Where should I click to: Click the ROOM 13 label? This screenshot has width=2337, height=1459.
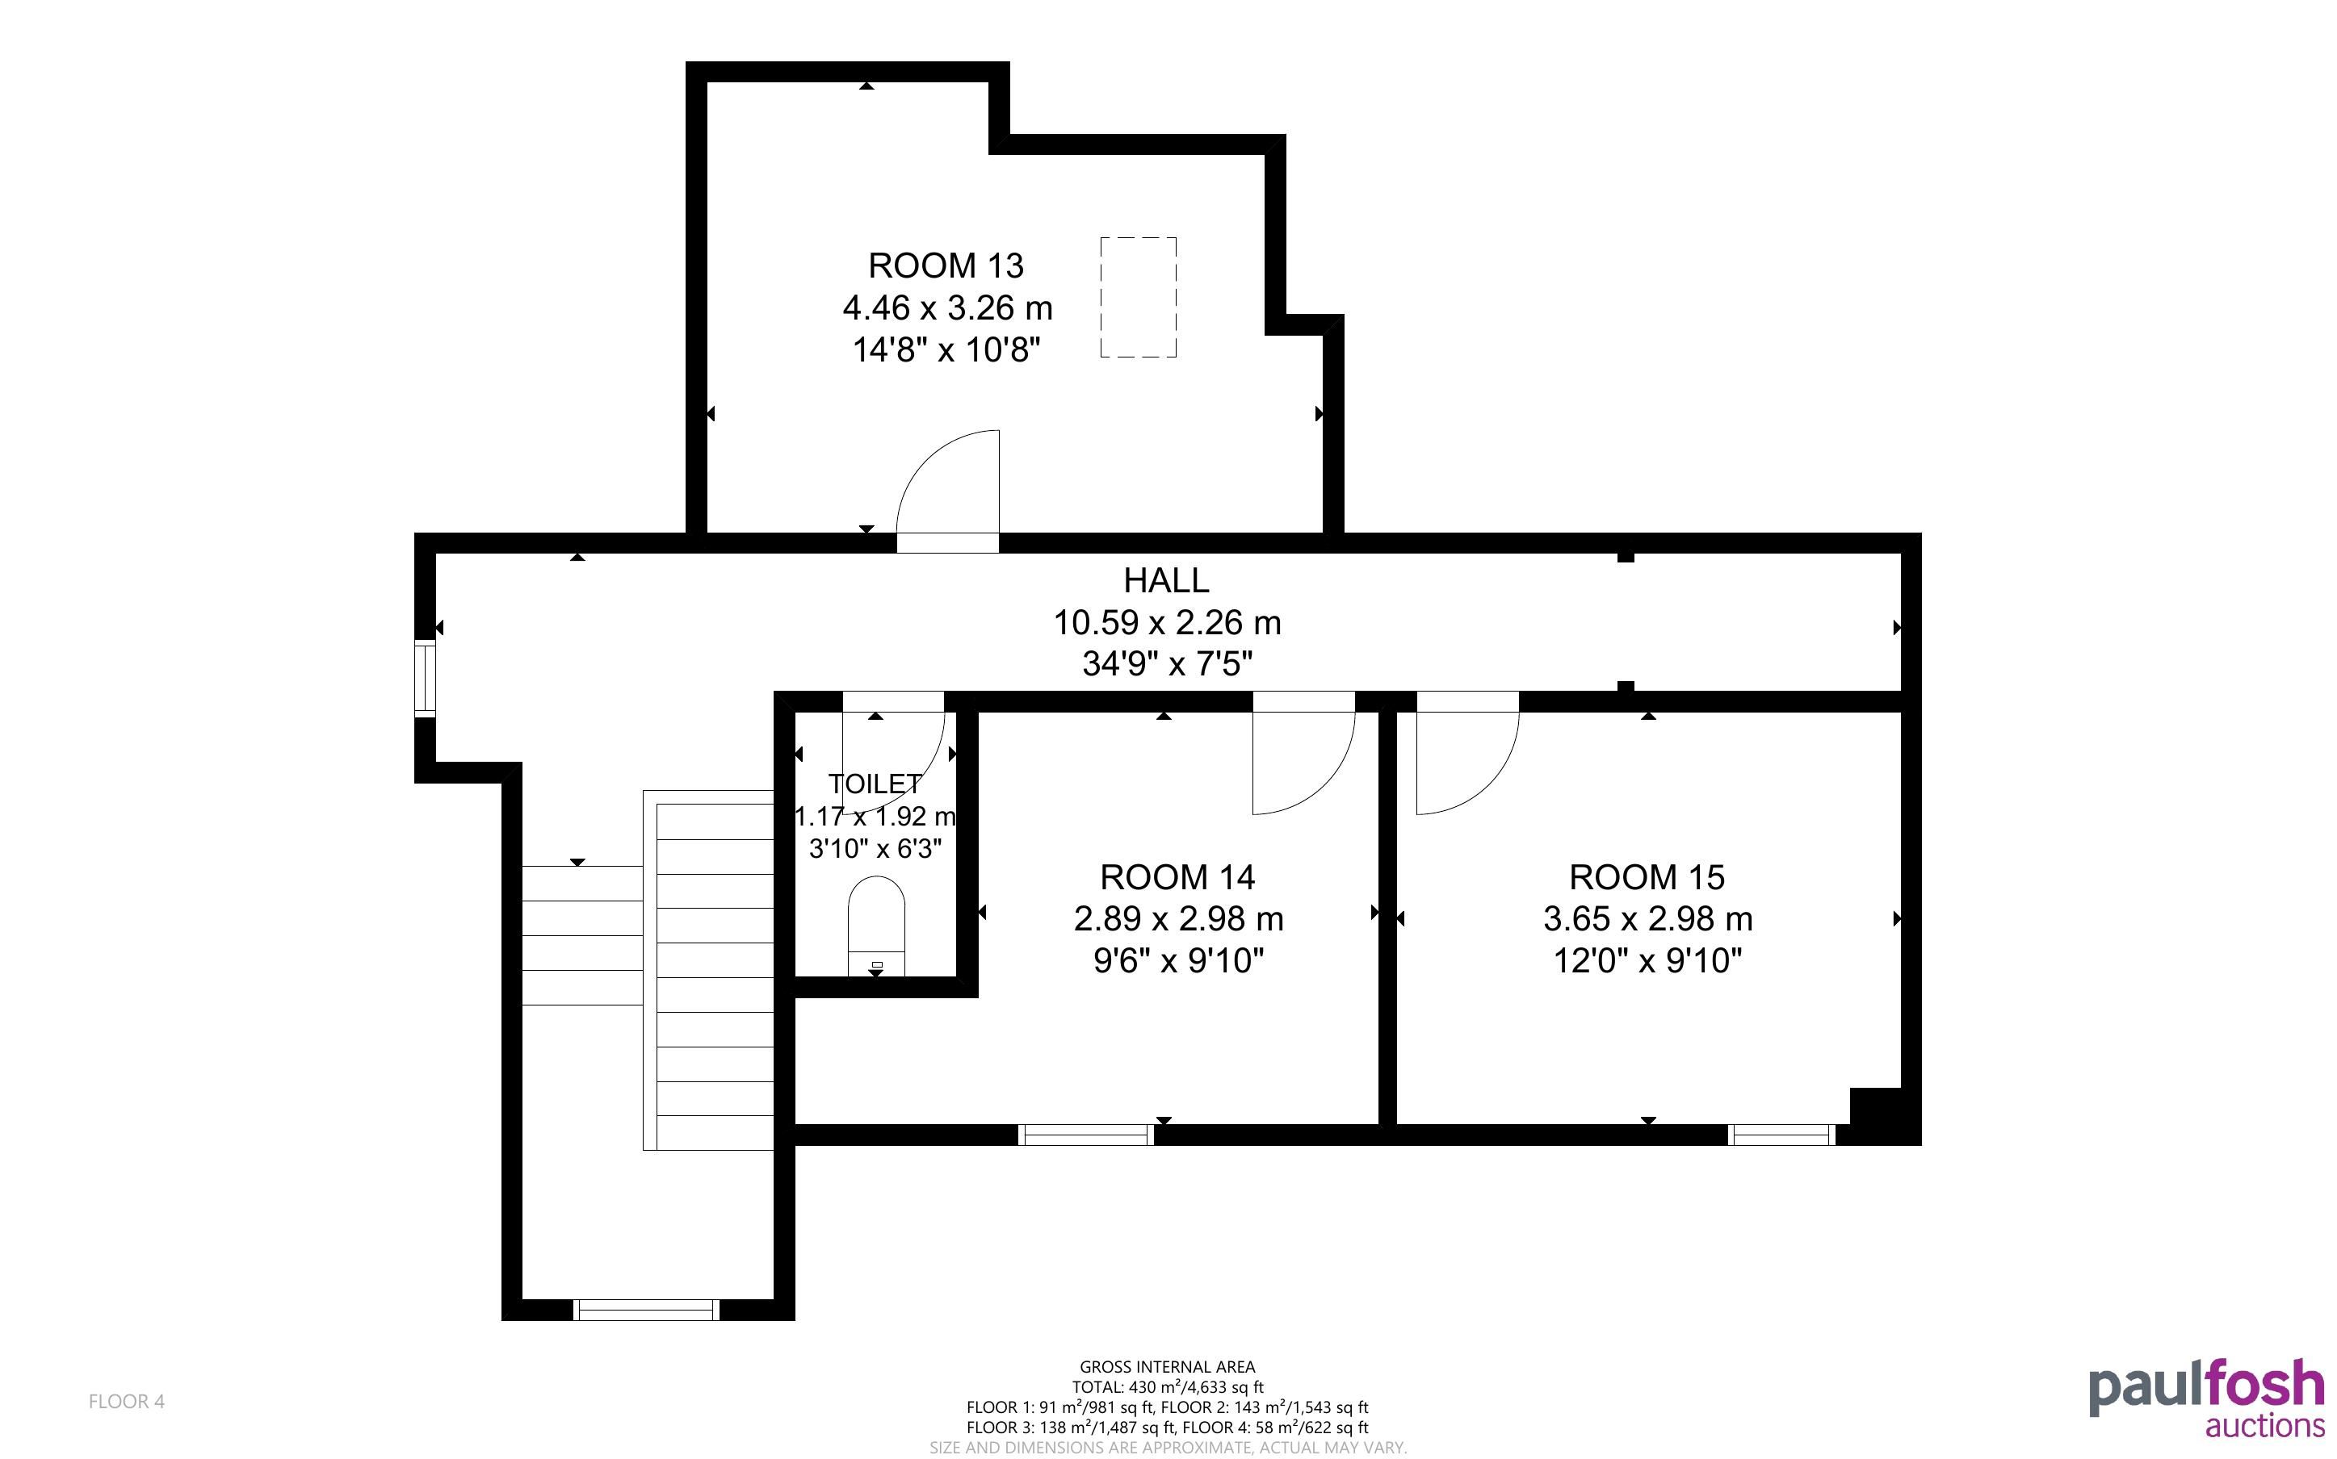[x=945, y=265]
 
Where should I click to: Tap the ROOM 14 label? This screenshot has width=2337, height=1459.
[x=1177, y=877]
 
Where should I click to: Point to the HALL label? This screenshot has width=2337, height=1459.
[x=1166, y=580]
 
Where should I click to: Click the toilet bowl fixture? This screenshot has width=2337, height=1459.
[x=876, y=926]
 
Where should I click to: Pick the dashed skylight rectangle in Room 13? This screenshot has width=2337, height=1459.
[x=1138, y=297]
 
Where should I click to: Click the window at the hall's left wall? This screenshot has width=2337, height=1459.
[x=425, y=679]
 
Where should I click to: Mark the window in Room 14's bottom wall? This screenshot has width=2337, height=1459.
[x=1087, y=1135]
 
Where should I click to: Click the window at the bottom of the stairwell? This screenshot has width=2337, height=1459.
[x=646, y=1310]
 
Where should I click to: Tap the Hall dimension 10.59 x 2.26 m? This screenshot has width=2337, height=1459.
[x=1167, y=622]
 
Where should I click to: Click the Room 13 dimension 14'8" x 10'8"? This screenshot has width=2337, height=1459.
[x=946, y=349]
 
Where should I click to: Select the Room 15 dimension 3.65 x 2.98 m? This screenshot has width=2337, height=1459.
[x=1648, y=918]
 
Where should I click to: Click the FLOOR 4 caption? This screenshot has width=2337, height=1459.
[x=127, y=1401]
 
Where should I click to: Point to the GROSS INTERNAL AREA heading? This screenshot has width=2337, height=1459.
[x=1167, y=1366]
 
